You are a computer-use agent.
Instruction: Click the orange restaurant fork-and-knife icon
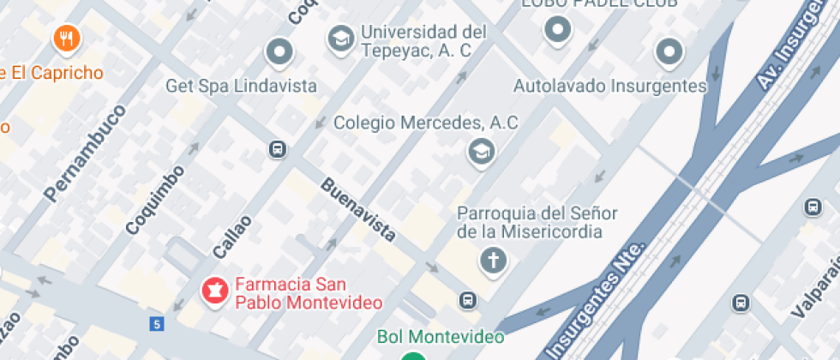[x=67, y=38]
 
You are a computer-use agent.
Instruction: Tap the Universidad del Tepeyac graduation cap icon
[x=341, y=39]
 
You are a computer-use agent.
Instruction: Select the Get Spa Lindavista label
[x=241, y=87]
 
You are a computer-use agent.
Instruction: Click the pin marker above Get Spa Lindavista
[x=279, y=53]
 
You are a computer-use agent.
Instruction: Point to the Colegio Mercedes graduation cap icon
[x=481, y=153]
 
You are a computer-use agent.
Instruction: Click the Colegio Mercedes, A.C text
[x=425, y=123]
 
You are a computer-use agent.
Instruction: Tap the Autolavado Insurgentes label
[x=609, y=87]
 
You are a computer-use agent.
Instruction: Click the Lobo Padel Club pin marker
[x=558, y=31]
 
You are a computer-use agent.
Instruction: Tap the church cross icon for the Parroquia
[x=493, y=260]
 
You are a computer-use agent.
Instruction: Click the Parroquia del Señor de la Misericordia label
[x=537, y=222]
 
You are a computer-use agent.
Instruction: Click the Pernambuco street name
[x=85, y=153]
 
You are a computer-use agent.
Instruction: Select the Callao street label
[x=232, y=236]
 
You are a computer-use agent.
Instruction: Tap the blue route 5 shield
[x=156, y=324]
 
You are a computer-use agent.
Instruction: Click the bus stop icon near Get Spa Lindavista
[x=277, y=149]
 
